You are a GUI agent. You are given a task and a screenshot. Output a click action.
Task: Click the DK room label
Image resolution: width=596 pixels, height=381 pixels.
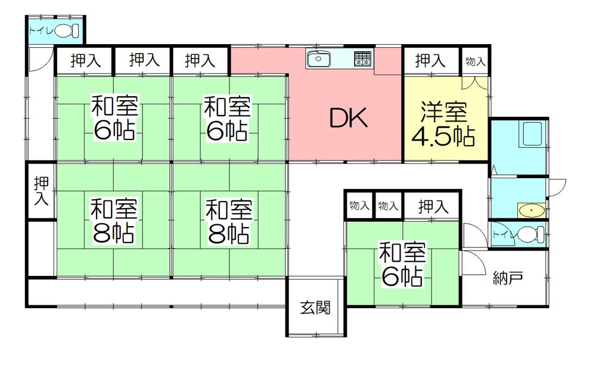click(350, 119)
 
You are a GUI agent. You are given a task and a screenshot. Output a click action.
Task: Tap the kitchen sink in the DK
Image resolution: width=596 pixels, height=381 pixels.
click(319, 59)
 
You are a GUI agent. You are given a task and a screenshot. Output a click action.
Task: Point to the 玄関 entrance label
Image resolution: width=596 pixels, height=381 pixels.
click(315, 308)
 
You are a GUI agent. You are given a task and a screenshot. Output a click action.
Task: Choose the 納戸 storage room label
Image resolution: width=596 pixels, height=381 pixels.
click(508, 277)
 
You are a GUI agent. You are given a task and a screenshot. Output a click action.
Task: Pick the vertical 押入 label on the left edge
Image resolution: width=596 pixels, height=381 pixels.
click(41, 191)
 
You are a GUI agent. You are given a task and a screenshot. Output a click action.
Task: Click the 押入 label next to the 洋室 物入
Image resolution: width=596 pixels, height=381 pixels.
click(430, 60)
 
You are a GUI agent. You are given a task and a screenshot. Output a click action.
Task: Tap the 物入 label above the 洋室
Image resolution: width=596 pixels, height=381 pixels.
click(475, 61)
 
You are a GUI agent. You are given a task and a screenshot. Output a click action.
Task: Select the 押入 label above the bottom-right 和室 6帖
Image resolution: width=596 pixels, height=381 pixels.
click(433, 207)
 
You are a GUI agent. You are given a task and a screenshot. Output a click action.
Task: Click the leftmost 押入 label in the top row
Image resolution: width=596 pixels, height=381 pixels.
click(85, 60)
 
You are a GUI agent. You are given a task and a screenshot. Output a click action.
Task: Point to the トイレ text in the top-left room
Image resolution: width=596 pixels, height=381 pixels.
click(41, 30)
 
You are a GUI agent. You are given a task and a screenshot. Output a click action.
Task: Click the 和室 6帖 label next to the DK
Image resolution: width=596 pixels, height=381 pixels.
click(226, 119)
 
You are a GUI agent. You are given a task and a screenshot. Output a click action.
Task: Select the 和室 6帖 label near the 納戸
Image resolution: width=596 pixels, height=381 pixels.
click(402, 265)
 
